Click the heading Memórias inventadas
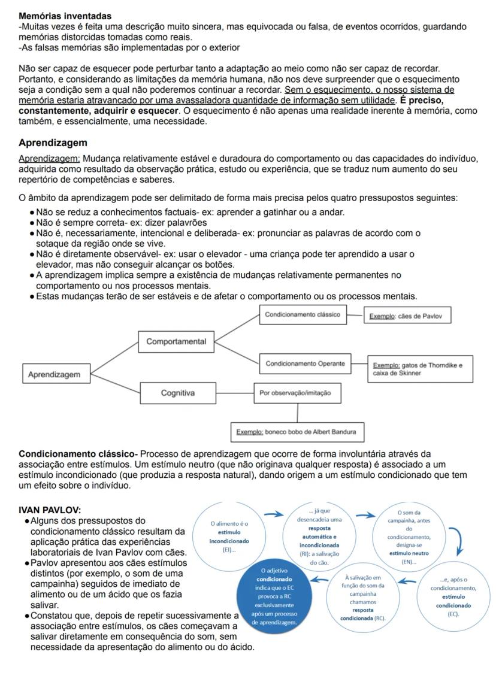(x=65, y=16)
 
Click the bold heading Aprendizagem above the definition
(x=53, y=143)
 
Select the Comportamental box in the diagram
(x=176, y=342)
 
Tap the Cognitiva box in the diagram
(x=178, y=393)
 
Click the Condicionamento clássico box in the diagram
(x=303, y=314)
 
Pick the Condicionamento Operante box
(x=305, y=363)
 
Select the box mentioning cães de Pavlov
(x=407, y=316)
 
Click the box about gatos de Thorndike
(x=418, y=369)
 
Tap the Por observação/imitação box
(x=298, y=393)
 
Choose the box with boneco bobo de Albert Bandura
(x=297, y=432)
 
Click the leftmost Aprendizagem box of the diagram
(x=54, y=374)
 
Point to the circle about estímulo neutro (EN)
(x=409, y=537)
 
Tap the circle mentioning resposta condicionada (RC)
(x=363, y=597)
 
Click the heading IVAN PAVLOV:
(x=50, y=510)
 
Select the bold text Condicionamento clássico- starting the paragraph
(x=78, y=454)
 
